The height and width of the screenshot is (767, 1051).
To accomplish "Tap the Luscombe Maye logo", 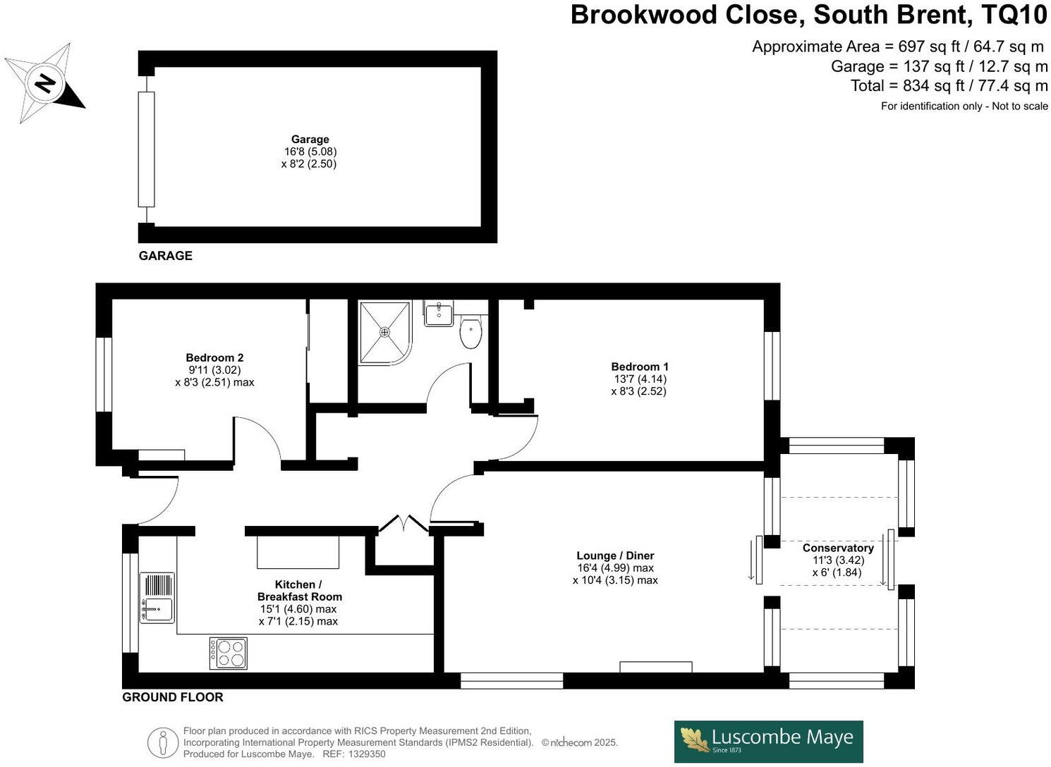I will pos(768,741).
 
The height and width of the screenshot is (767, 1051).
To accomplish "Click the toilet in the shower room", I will pos(470,333).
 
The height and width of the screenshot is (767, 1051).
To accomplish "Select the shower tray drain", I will pos(385,332).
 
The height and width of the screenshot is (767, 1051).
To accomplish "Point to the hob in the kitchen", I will pos(229,653).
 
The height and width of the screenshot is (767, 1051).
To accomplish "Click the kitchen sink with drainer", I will pos(157,597).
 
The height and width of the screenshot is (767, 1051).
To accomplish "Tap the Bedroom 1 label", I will pos(640,367).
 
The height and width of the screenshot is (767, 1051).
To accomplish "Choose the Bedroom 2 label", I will pos(214,358).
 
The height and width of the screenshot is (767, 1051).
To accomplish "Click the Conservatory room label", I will pos(838,548).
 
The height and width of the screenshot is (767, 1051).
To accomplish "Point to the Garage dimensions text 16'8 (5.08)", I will pos(310,152).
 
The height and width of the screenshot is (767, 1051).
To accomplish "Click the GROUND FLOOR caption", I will pos(173,697).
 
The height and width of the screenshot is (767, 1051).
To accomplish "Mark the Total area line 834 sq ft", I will pos(949,86).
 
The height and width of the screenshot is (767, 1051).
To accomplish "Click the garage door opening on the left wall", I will pos(146,149).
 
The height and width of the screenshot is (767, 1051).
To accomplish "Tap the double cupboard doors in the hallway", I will pos(403,524).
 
